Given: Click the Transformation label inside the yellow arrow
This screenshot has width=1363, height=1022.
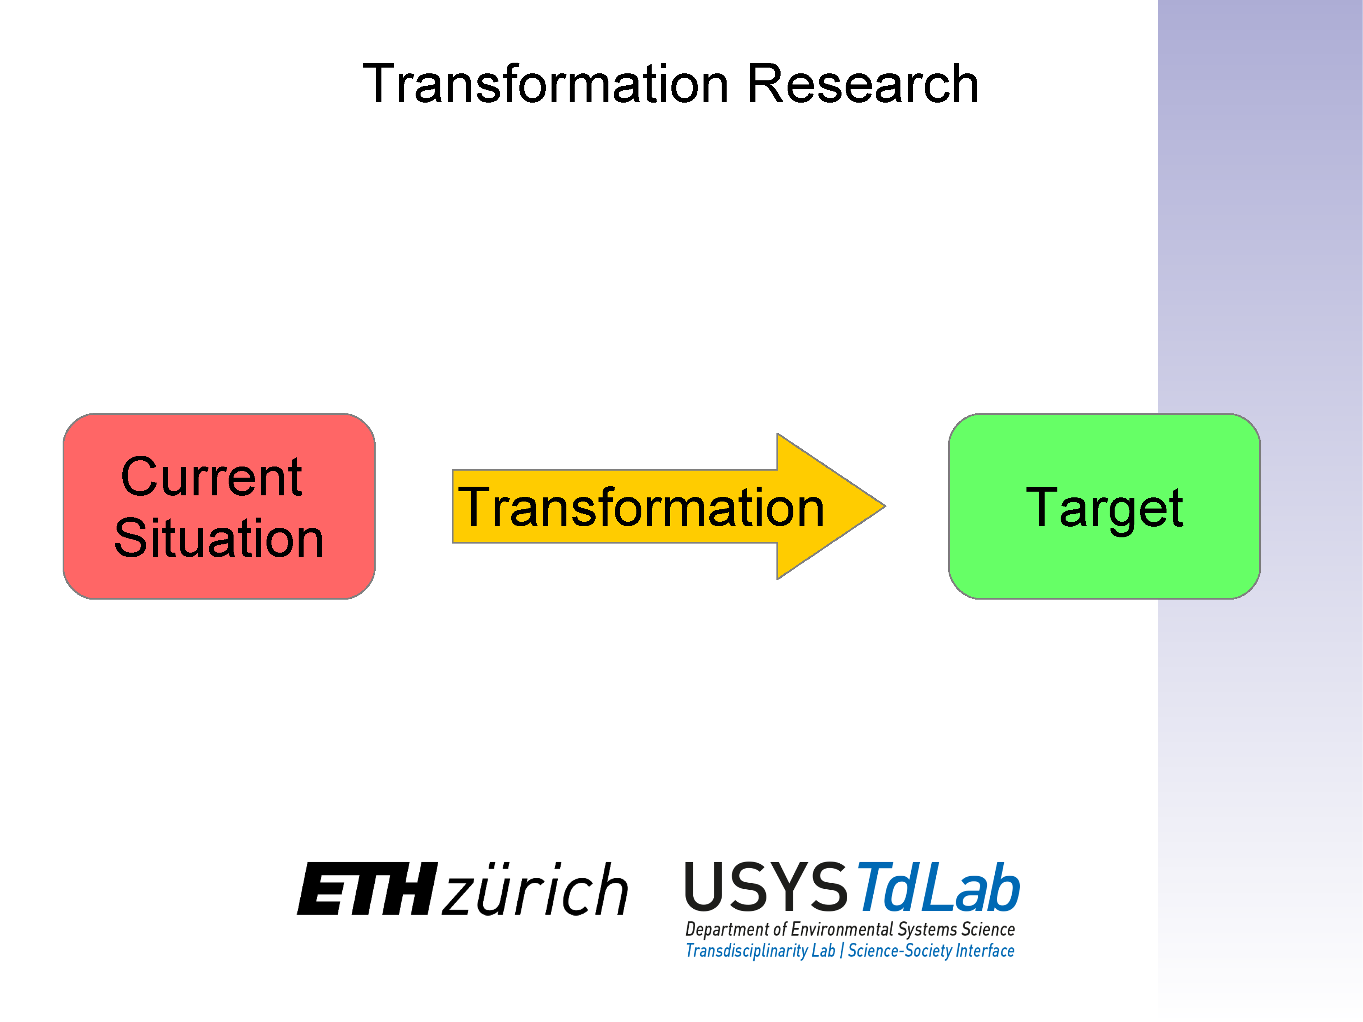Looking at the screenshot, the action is [641, 507].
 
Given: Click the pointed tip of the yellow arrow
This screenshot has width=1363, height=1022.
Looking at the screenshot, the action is [885, 506].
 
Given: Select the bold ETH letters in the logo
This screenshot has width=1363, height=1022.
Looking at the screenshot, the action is [367, 888].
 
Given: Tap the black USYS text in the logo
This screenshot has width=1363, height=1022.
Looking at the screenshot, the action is [767, 886].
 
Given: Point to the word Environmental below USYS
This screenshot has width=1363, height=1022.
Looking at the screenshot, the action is [842, 929].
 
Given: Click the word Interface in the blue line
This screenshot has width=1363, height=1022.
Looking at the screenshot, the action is [984, 950].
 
